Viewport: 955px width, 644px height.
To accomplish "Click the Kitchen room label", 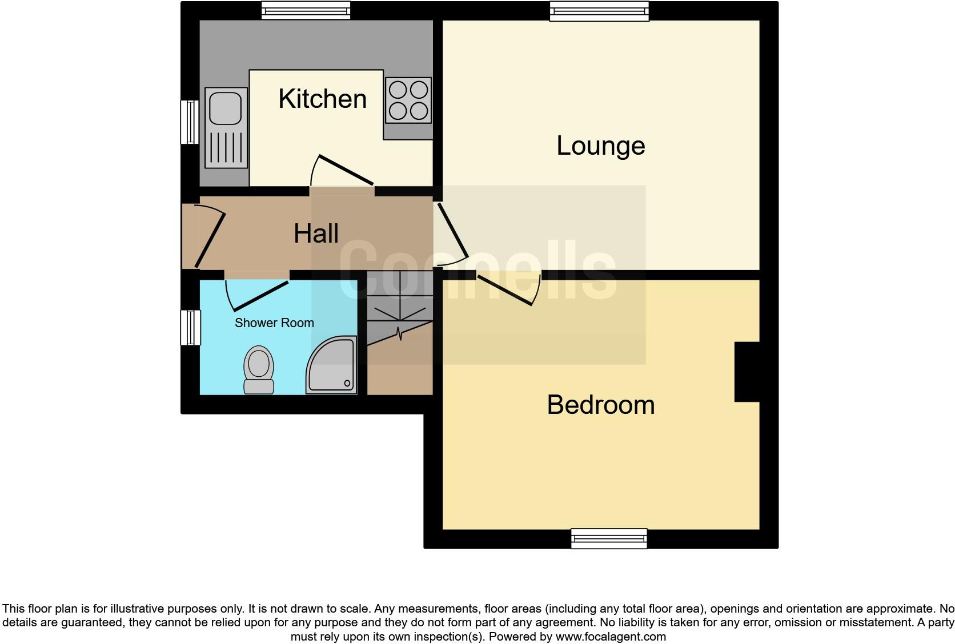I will [322, 99].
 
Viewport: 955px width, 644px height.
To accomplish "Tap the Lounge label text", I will [600, 146].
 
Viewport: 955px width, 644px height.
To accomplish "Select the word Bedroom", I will [600, 405].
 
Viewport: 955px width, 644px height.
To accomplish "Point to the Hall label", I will [316, 234].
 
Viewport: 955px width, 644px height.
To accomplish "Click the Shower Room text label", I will [274, 323].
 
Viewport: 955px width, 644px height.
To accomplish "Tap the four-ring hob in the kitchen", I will [408, 100].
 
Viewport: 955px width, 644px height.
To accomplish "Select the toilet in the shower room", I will [258, 369].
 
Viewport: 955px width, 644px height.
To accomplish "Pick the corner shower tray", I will [332, 367].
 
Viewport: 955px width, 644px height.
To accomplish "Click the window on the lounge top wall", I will [599, 11].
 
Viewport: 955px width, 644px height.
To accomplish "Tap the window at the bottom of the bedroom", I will [609, 538].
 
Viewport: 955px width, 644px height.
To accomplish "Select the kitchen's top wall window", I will [306, 10].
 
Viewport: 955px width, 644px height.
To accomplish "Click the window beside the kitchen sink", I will [190, 122].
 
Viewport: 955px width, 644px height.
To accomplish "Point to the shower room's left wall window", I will [191, 327].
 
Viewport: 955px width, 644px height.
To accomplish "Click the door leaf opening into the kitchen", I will [346, 170].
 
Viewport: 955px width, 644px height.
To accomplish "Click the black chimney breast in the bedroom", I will [747, 372].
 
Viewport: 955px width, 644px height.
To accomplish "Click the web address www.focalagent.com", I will [611, 637].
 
